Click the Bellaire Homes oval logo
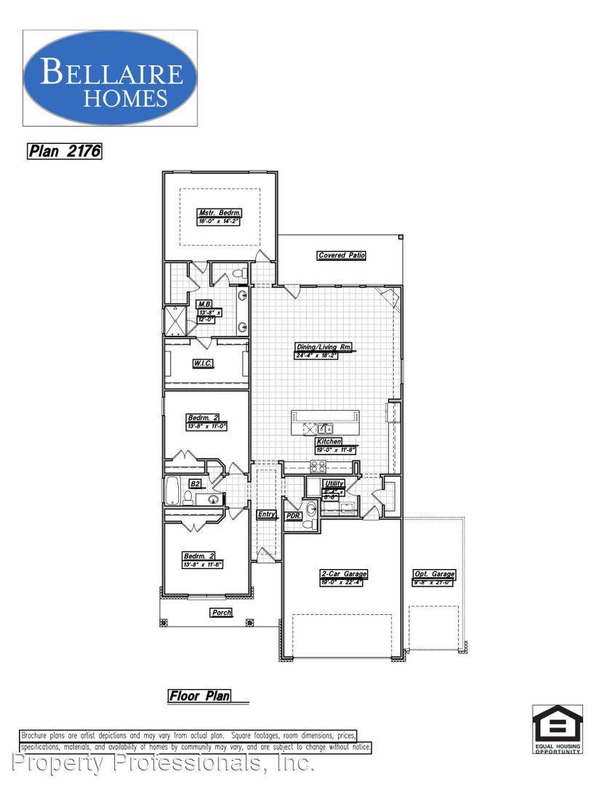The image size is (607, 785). (x=110, y=78)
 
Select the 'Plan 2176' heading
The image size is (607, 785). (x=64, y=151)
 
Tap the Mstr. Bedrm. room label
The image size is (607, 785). (x=214, y=213)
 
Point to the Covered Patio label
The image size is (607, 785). (x=341, y=255)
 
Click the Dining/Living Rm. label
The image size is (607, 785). (x=323, y=347)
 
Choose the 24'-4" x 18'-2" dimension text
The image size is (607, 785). (x=323, y=355)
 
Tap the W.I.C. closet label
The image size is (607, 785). (x=203, y=363)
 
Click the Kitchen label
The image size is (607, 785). (x=329, y=441)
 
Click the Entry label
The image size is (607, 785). (x=267, y=514)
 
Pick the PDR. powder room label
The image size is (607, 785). (x=294, y=515)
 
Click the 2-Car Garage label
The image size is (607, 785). (x=344, y=573)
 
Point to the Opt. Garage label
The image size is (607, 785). (x=434, y=573)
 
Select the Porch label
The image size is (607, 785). (x=221, y=613)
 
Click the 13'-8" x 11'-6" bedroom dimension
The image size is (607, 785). (x=203, y=564)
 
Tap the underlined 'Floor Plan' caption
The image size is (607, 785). (x=199, y=696)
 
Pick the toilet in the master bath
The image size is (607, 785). (x=239, y=275)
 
